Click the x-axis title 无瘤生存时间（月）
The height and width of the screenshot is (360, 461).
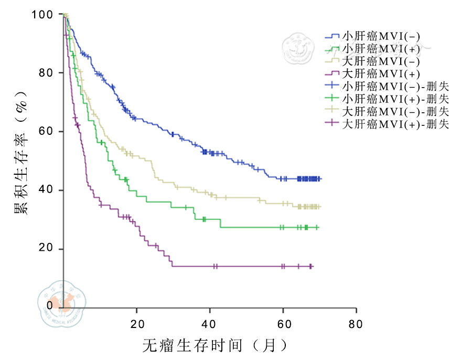215,345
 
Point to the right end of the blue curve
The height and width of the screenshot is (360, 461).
320,179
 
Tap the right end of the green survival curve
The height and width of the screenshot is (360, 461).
318,227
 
